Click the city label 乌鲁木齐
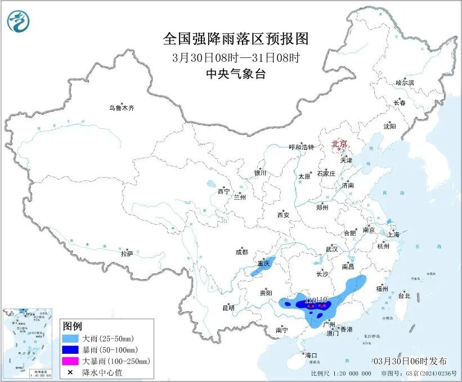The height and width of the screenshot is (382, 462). [122, 107]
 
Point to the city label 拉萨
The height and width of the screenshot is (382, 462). [127, 254]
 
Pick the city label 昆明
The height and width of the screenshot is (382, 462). [228, 308]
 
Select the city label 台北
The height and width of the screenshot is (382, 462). [404, 295]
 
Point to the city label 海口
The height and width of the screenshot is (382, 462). [311, 356]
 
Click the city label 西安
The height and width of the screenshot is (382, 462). [283, 215]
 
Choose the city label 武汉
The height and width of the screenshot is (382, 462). [331, 249]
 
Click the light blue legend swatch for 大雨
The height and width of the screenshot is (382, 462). [71, 339]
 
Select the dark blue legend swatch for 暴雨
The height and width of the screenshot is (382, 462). [71, 350]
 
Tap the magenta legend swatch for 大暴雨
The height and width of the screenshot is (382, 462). [71, 361]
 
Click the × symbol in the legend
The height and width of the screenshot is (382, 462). [71, 372]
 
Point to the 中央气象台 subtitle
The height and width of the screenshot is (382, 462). [236, 74]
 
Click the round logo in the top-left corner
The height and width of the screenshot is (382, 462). [19, 21]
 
